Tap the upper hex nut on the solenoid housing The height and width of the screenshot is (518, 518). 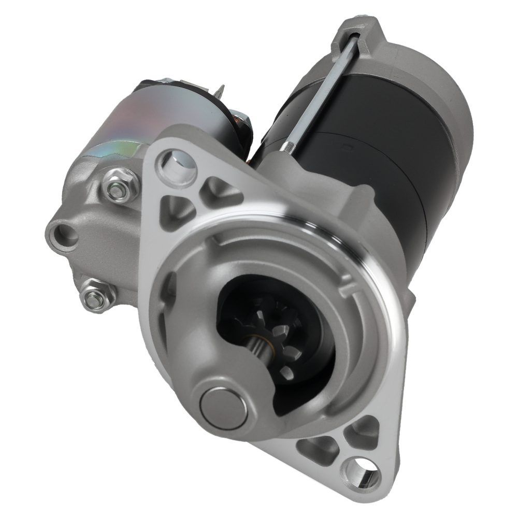118,190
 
